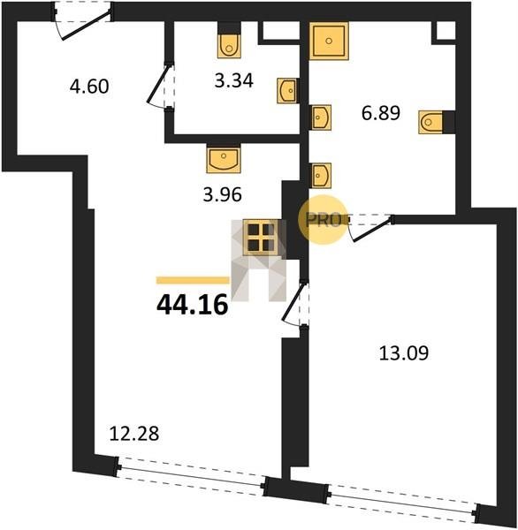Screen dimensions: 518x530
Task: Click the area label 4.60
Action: [89, 87]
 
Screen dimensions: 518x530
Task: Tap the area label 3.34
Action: [233, 81]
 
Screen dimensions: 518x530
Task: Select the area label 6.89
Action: [381, 113]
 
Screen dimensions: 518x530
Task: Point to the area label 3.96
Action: [222, 194]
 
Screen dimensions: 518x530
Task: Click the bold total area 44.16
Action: [192, 305]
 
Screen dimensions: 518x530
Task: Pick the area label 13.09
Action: [404, 353]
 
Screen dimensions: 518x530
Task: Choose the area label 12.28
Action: [134, 434]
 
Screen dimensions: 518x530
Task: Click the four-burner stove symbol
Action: [261, 237]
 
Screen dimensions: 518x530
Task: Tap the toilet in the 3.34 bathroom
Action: [229, 46]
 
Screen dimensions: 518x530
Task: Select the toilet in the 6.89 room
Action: [430, 122]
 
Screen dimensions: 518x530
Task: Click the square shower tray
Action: [329, 41]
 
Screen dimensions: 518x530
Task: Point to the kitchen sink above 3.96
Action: [224, 158]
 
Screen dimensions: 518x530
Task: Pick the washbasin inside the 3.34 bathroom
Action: [287, 91]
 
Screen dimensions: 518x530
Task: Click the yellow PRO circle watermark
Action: [323, 219]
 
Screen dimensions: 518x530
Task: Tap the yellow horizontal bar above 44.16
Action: [193, 280]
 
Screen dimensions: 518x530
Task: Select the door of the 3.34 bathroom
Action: [161, 86]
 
